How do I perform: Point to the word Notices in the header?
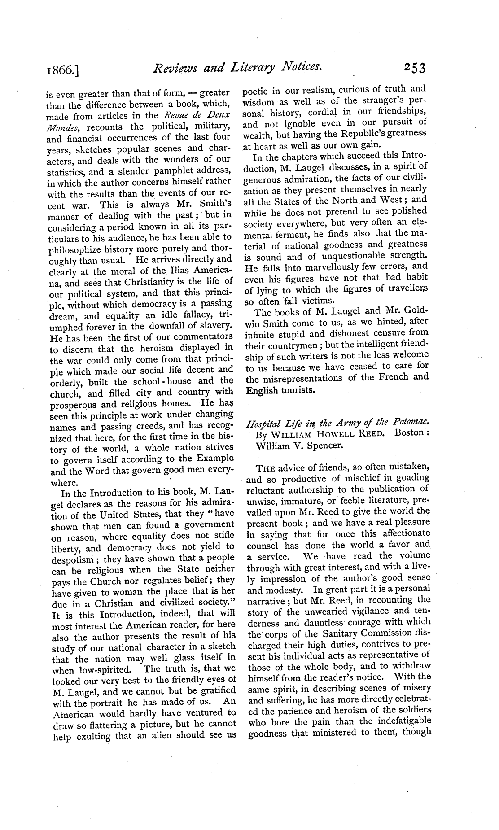click(x=300, y=68)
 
